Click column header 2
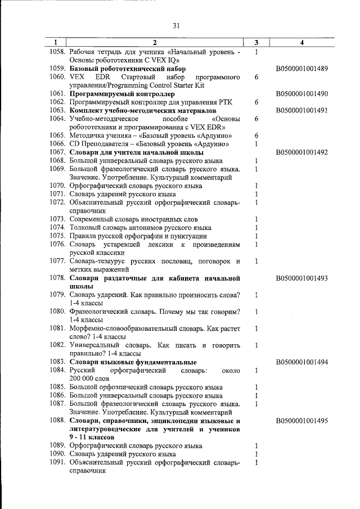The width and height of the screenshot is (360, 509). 155,42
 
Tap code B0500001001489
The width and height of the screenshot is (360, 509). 302,69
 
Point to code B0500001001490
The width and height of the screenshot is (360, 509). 302,94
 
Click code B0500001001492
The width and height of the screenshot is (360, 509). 302,152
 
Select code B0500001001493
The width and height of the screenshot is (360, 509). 302,278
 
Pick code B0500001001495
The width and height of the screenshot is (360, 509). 302,420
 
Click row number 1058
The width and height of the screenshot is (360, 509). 57,52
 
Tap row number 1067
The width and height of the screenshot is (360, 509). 57,152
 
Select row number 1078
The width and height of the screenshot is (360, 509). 57,278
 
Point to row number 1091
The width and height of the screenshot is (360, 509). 57,462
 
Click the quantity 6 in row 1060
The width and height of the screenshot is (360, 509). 256,77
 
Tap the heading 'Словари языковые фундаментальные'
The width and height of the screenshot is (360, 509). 133,362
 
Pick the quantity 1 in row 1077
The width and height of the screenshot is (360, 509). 256,262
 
